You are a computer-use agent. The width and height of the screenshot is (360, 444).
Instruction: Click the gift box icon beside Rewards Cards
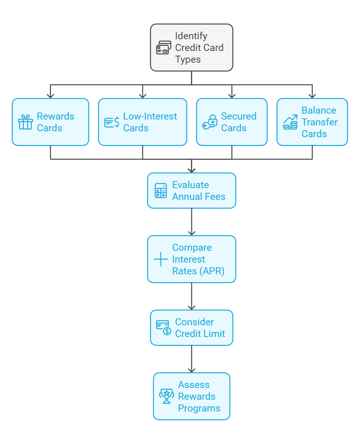25,122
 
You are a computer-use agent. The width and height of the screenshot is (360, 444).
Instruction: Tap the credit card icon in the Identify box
164,47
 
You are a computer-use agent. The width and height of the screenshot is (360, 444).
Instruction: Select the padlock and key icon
210,122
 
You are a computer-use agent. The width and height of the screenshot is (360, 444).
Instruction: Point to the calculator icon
161,190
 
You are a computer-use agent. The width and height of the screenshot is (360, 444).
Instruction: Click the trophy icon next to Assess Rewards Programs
167,396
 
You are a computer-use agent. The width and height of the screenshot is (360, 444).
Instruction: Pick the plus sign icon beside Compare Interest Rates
161,259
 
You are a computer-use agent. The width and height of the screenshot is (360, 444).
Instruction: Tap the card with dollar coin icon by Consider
164,328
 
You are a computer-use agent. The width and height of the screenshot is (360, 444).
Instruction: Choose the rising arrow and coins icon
290,122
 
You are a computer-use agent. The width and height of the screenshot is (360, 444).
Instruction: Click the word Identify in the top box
191,36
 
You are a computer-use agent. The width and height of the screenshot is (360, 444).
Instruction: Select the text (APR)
212,271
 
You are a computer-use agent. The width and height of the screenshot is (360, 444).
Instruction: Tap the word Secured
239,116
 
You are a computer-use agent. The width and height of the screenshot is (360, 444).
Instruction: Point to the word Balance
319,110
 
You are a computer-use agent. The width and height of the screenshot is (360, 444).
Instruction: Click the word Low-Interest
150,116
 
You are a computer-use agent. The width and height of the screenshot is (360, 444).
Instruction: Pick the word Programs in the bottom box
199,408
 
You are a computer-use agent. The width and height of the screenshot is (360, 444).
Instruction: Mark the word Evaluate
191,185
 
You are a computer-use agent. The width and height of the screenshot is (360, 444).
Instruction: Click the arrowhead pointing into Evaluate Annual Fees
192,170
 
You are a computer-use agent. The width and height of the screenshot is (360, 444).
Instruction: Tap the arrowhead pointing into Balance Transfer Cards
312,96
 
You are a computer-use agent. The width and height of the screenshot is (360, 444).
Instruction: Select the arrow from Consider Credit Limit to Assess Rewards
192,359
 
